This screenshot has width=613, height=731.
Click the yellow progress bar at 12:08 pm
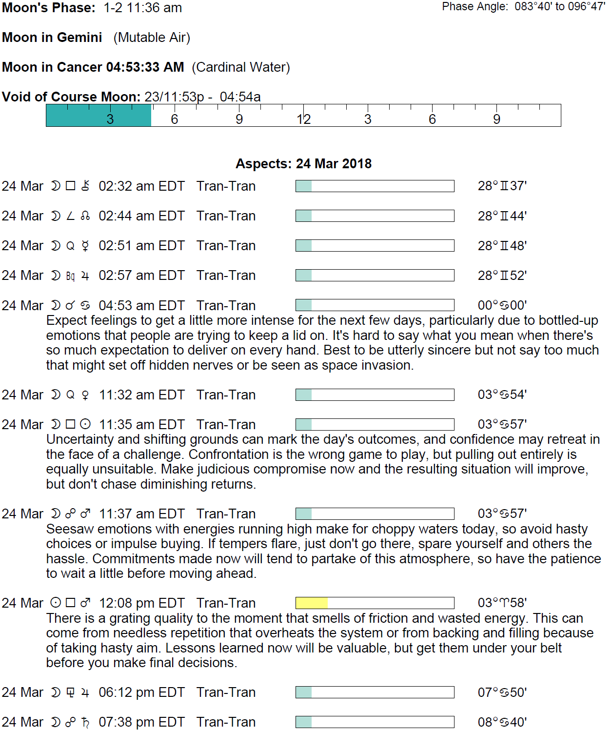point(375,603)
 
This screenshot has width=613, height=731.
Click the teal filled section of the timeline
point(99,116)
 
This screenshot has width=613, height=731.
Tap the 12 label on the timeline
point(303,119)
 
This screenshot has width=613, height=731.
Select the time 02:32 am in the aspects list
point(141,186)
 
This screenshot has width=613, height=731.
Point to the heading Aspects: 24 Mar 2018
point(303,164)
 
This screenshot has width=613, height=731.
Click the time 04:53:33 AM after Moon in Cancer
point(145,67)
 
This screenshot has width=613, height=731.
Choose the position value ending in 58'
point(502,603)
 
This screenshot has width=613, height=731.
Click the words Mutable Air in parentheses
point(152,38)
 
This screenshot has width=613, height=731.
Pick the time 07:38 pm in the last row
point(141,722)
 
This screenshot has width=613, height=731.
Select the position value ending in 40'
point(502,722)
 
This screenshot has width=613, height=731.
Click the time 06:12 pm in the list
point(141,692)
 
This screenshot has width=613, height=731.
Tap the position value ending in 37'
point(502,186)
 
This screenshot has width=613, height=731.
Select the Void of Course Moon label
point(71,97)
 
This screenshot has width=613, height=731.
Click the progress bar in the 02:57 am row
point(375,276)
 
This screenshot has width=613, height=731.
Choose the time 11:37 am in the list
point(142,514)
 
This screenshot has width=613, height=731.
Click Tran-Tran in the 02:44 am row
point(226,216)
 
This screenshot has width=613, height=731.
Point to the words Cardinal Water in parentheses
point(241,67)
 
